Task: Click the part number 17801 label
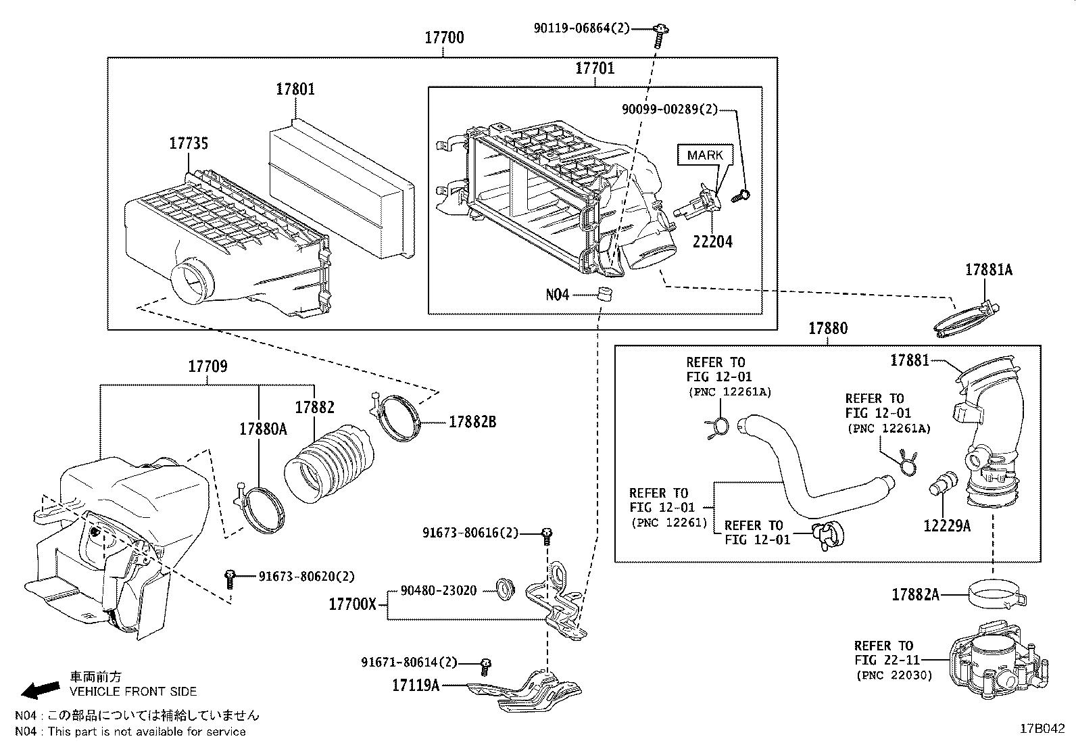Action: pyautogui.click(x=295, y=89)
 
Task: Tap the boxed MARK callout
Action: pyautogui.click(x=705, y=155)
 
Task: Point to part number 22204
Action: pyautogui.click(x=712, y=241)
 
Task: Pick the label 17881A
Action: pyautogui.click(x=988, y=270)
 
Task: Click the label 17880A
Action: pyautogui.click(x=262, y=429)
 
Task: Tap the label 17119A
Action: pyautogui.click(x=416, y=686)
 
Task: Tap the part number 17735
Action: pyautogui.click(x=188, y=143)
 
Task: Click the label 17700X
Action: pyautogui.click(x=352, y=604)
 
